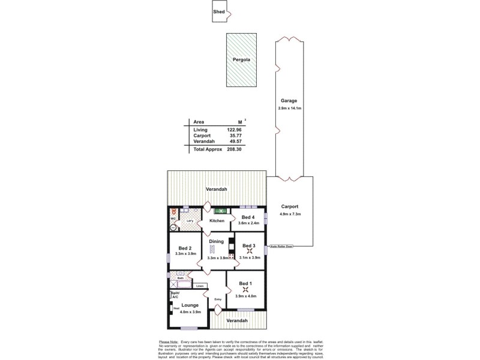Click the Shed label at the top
point(219,11)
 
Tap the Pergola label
point(241,61)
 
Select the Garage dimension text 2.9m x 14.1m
point(289,108)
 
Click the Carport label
point(289,206)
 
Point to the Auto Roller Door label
point(281,246)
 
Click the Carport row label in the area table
point(202,136)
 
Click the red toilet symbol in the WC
point(173,212)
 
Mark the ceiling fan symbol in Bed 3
point(249,251)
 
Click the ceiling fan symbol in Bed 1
point(245,290)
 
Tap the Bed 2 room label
point(185,248)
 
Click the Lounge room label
point(190,305)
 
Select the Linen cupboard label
point(200,286)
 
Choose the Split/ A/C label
point(175,295)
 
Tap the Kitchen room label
point(217,221)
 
